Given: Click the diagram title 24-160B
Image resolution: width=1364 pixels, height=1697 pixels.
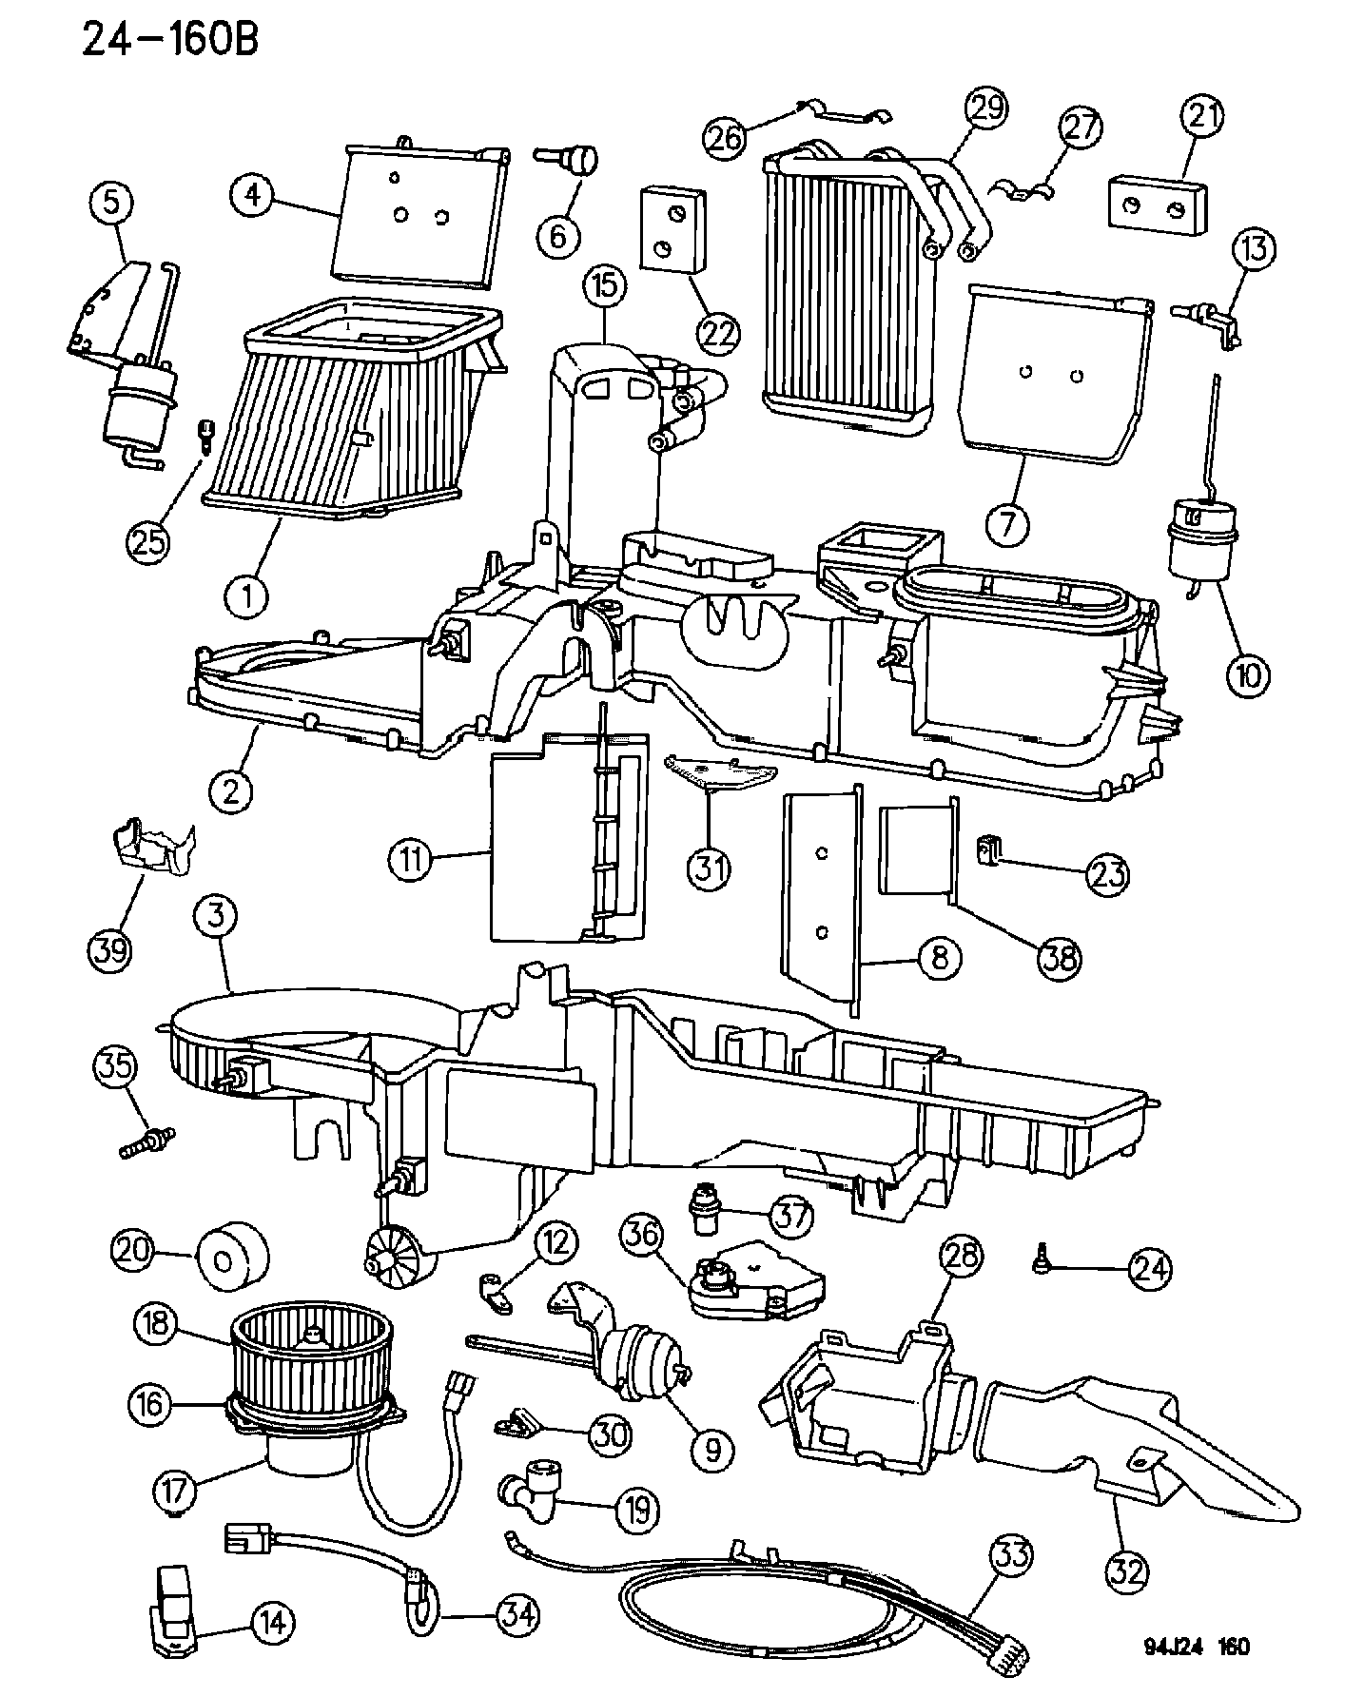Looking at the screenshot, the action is [169, 40].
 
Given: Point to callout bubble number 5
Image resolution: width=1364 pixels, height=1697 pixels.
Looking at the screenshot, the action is [112, 203].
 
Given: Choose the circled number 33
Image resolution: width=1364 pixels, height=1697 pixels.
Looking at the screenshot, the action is [1011, 1558].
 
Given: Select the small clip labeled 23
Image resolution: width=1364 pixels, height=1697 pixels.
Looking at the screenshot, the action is [988, 846].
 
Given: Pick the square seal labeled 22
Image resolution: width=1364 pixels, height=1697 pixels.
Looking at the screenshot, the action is [672, 227].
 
